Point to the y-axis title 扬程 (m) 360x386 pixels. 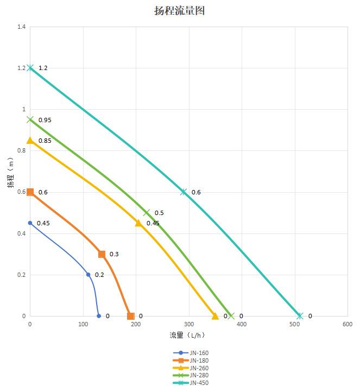(x=11, y=173)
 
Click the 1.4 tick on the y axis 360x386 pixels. (x=21, y=27)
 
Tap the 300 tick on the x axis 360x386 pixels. (x=188, y=325)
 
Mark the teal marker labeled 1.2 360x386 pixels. (x=30, y=68)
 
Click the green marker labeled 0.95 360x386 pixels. (x=30, y=119)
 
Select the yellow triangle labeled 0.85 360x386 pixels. (x=30, y=140)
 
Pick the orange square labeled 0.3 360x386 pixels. (x=102, y=254)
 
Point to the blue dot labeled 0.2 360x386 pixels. (x=89, y=275)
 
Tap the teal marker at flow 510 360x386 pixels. (x=300, y=316)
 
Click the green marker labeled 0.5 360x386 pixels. (x=146, y=212)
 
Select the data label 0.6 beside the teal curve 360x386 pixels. (x=196, y=192)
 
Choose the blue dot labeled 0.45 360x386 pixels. (x=30, y=223)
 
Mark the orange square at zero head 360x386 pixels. (x=130, y=316)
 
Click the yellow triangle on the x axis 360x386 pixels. (x=215, y=315)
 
